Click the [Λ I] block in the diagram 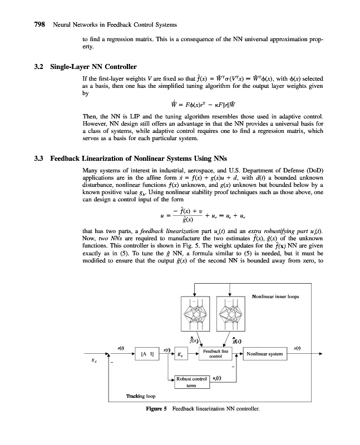point(147,354)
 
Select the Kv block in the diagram point(181,354)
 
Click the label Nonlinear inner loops point(275,296)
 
